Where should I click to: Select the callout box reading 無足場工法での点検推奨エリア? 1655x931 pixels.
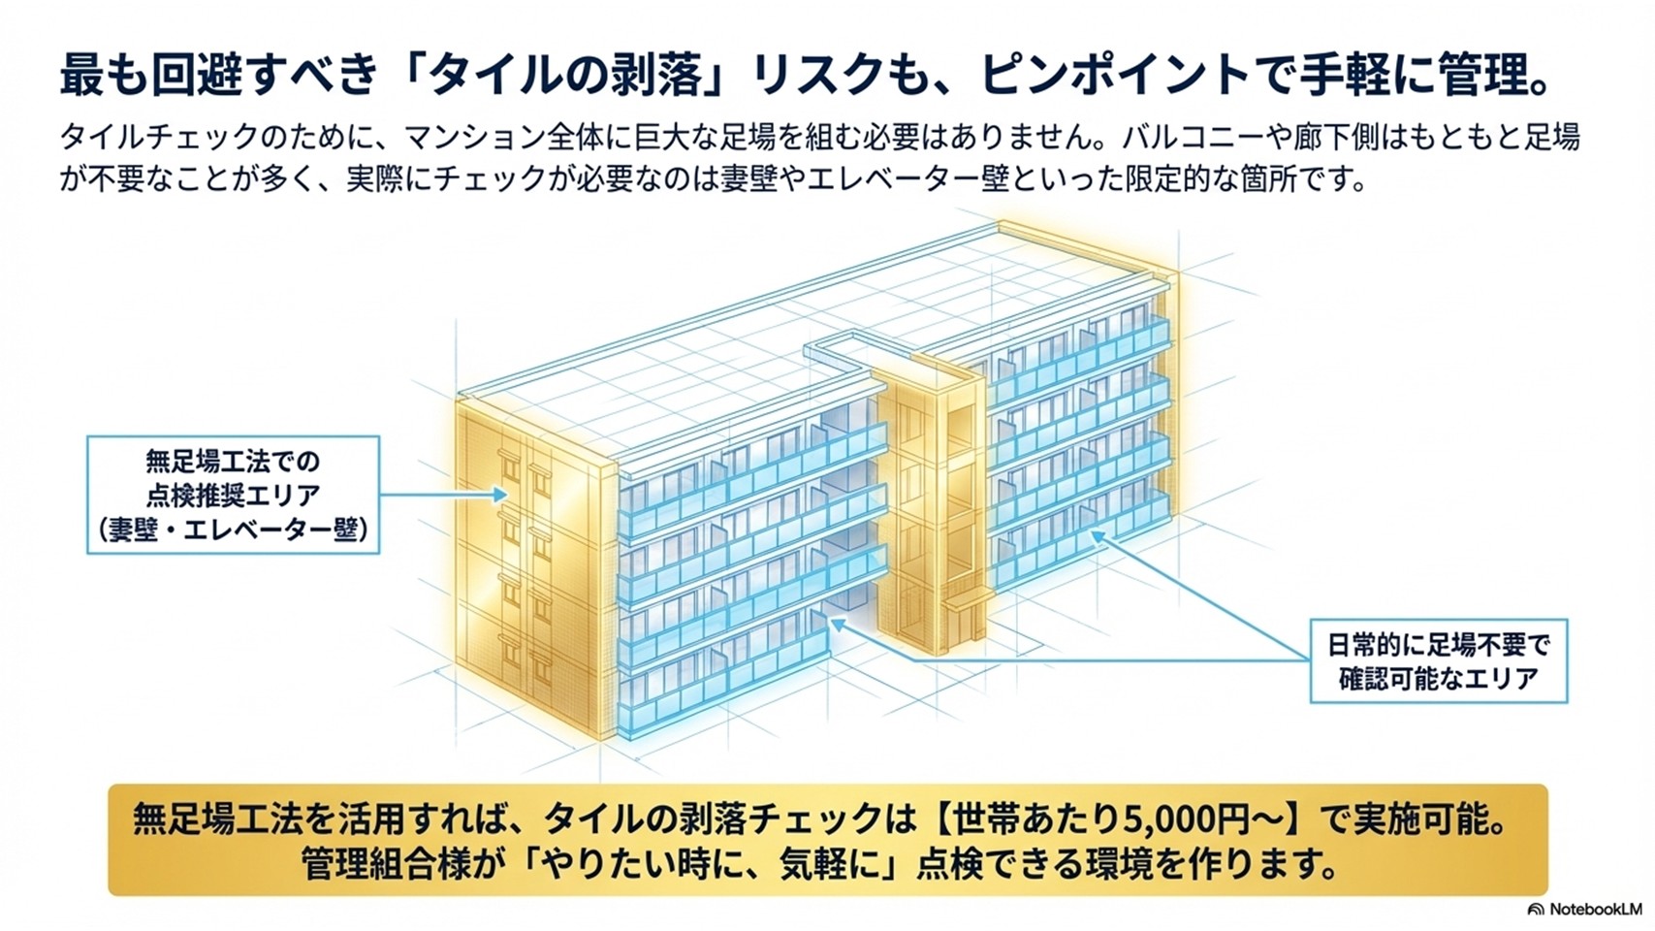pos(234,495)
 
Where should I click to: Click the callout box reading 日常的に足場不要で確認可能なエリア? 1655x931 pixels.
pos(1439,660)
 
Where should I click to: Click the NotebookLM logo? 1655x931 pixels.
pos(1588,909)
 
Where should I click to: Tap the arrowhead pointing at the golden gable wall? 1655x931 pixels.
pos(501,495)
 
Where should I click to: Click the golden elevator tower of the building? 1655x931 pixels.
pos(931,510)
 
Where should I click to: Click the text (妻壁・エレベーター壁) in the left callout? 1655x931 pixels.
pos(234,530)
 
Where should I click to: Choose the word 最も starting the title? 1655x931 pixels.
pos(108,77)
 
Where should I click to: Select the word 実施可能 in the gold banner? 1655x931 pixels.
pos(1419,819)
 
